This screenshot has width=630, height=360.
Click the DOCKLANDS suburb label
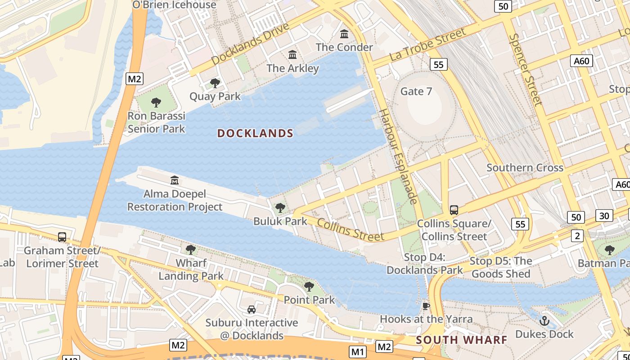tap(255, 133)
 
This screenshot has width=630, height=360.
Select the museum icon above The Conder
tap(344, 34)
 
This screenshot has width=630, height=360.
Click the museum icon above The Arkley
tap(292, 55)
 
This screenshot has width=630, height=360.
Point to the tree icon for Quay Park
tap(215, 83)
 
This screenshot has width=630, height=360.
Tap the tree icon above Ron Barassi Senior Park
tap(156, 103)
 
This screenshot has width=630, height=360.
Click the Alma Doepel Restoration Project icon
tap(175, 180)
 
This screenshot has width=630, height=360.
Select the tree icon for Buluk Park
tap(280, 208)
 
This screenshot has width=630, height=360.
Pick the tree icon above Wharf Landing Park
tap(191, 250)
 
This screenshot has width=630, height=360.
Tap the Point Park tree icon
tap(309, 287)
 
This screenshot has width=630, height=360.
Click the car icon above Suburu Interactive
tap(252, 310)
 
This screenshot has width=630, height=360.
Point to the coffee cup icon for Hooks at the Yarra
tap(426, 306)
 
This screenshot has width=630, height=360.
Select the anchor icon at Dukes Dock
tap(544, 321)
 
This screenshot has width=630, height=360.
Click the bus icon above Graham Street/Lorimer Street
tap(62, 237)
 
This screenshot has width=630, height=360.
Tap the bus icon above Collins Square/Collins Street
tap(454, 210)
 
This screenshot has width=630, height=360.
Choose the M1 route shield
tap(358, 351)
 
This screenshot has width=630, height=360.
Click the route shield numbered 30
tap(604, 216)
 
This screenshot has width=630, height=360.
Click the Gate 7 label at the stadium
tap(416, 91)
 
